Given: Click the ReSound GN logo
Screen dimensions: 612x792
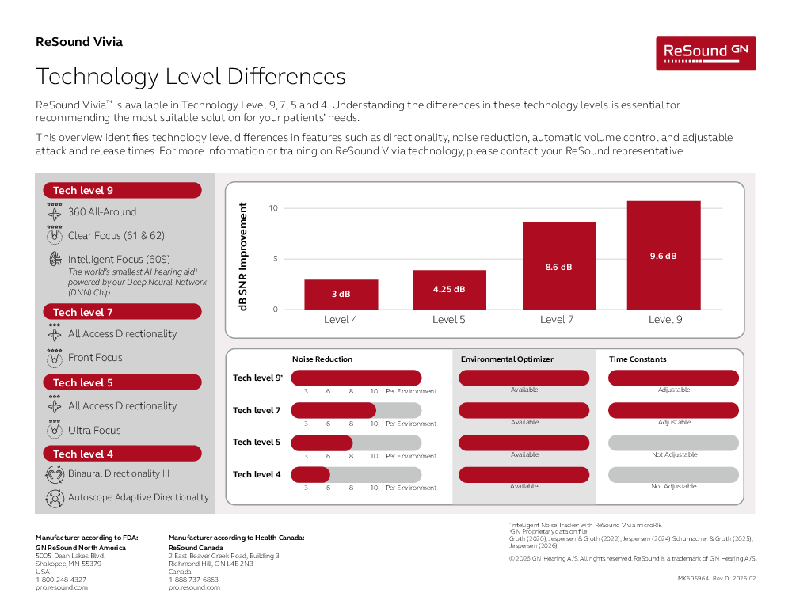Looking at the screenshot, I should [705, 52].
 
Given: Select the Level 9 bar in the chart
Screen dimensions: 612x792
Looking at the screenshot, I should [664, 255].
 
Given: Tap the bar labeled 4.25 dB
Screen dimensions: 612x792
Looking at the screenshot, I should [449, 290].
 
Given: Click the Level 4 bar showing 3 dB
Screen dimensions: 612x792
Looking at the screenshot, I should [341, 294].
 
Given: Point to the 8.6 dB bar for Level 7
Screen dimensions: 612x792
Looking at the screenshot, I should [558, 266].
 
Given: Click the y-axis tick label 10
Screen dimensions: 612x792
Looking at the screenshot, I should [273, 208].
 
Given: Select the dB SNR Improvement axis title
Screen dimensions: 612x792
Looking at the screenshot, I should [243, 257].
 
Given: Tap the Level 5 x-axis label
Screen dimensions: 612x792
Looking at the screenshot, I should [449, 320].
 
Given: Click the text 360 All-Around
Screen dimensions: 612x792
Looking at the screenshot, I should [102, 212].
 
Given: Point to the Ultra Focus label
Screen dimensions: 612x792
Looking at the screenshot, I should [94, 431].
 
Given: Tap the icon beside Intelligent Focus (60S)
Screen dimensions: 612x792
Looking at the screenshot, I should [55, 259].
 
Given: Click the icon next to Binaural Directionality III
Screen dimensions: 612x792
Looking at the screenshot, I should [55, 474].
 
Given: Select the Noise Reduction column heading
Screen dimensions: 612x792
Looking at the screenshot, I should [322, 359].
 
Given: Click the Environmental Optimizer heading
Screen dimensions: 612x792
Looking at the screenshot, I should [507, 359].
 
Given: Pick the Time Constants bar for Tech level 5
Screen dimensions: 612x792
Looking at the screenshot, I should [673, 443].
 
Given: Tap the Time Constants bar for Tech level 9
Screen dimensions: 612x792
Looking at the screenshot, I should [673, 378].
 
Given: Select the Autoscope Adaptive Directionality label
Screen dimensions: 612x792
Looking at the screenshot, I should [139, 498].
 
